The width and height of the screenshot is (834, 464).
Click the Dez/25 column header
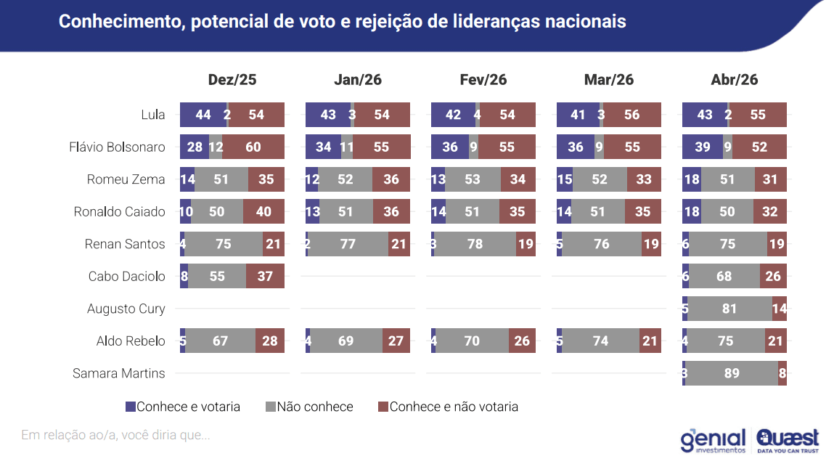[x=232, y=80]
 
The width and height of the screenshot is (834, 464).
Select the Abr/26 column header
[x=734, y=80]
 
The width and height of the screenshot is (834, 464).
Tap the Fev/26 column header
[x=483, y=80]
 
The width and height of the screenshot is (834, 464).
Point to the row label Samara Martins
[x=119, y=373]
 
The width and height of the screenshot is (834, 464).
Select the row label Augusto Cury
[x=126, y=309]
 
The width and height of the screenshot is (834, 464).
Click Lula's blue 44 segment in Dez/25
[x=203, y=115]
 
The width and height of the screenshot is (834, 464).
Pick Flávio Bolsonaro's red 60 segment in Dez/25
[x=253, y=147]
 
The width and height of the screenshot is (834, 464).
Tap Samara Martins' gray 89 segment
[x=732, y=373]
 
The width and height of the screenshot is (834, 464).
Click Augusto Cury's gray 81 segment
[x=730, y=309]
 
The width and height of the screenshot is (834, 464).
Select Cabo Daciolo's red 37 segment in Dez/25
[x=265, y=277]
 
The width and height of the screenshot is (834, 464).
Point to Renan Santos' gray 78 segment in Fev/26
[x=475, y=244]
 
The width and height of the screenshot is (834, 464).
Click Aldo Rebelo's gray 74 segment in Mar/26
[x=601, y=341]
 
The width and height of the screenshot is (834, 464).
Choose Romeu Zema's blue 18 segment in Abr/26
[x=692, y=179]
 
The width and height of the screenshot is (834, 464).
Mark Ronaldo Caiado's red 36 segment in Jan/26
[x=391, y=212]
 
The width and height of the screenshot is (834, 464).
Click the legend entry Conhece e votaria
[x=183, y=407]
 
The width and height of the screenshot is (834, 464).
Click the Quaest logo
[x=788, y=439]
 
